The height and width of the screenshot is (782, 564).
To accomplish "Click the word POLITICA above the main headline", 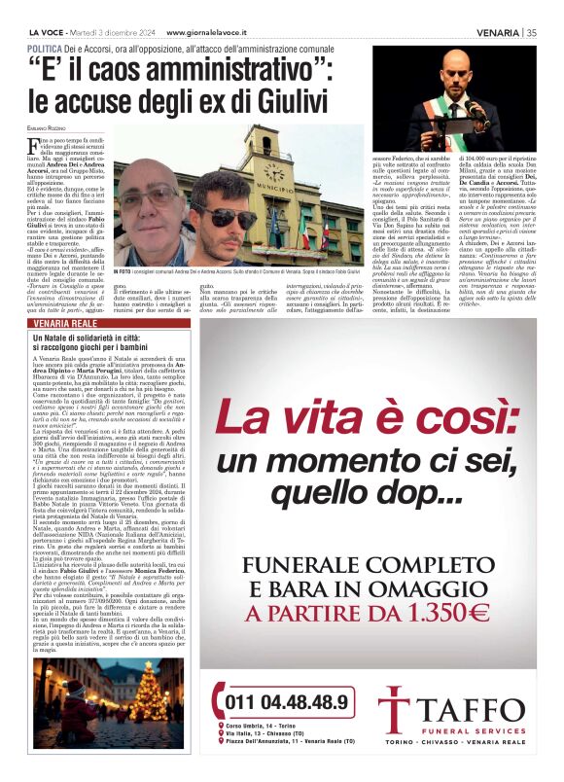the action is click(46, 48).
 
